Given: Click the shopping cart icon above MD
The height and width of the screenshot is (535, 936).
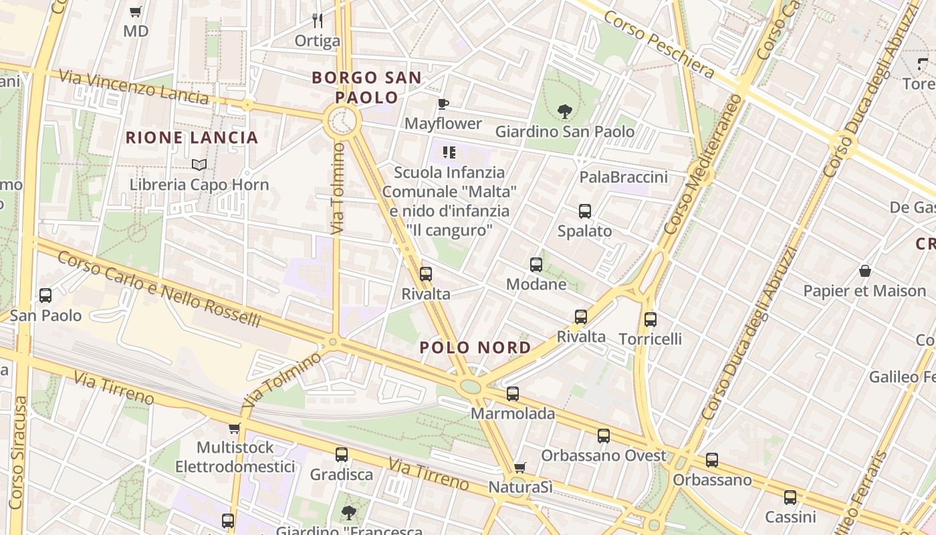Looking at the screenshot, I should pos(136,11).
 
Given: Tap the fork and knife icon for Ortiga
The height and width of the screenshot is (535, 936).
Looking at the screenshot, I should pos(318,21).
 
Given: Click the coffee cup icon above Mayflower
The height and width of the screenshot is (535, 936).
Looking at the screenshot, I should pos(443,104).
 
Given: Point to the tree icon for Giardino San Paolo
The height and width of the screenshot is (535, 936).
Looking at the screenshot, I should pos(565,112).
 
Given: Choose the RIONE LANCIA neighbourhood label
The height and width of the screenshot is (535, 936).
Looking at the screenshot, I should pos(192,138).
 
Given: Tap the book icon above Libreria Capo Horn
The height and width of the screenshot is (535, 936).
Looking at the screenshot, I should pos(199,165).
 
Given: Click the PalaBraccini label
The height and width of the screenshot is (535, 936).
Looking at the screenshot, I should pos(623,177).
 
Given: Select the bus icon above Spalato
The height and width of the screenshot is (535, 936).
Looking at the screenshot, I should pos(585,211).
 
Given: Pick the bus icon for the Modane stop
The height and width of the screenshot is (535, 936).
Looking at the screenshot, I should pos(536,265).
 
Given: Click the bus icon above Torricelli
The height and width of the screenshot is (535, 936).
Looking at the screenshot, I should pos(651,320).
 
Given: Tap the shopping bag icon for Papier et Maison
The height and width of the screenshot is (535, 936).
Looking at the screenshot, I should pos(865,271).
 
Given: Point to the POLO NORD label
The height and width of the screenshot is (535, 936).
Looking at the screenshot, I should pos(475,348).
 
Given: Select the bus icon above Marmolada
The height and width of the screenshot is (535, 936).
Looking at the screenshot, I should pos(513,394).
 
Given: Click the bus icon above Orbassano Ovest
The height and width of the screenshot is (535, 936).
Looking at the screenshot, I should pos(604,436).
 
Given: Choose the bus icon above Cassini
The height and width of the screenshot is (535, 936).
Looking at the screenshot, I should pos(790,498).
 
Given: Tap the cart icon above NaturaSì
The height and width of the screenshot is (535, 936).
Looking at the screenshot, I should pos(520,467).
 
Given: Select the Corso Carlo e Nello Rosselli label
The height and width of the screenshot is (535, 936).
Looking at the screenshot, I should pos(158,289).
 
